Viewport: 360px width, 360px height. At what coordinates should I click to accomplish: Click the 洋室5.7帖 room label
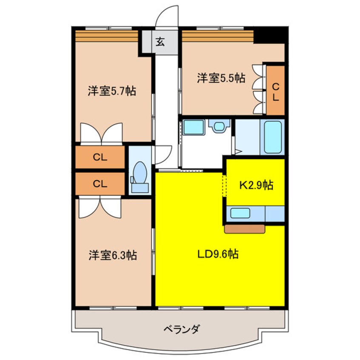[112, 91]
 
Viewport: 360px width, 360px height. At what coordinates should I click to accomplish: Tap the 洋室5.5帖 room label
[221, 78]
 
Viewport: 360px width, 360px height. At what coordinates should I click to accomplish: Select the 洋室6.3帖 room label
[113, 255]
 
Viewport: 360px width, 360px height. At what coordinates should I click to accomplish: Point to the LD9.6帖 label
[218, 254]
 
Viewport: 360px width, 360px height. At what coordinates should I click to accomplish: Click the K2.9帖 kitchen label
[256, 185]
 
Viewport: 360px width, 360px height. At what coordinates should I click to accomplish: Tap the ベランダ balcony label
[181, 330]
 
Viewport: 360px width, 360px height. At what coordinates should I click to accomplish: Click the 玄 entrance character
[160, 42]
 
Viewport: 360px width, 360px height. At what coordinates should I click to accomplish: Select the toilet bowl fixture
[140, 176]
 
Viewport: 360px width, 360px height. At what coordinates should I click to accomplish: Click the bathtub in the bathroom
[273, 137]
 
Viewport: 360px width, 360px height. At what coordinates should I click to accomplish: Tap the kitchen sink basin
[240, 213]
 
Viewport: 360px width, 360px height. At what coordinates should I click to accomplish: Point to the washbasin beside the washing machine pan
[219, 126]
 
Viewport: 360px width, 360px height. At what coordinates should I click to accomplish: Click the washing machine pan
[194, 127]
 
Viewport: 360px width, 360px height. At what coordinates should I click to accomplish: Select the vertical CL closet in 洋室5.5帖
[275, 91]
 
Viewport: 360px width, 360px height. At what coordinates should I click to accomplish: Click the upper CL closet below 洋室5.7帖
[100, 157]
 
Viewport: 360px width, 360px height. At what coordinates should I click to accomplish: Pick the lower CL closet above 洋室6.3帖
[100, 184]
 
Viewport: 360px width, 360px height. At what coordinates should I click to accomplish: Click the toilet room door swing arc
[163, 155]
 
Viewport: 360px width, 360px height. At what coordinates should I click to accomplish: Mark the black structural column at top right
[271, 35]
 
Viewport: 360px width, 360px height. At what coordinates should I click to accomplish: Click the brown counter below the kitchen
[245, 229]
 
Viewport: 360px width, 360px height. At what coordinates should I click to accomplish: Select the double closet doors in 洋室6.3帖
[100, 207]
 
